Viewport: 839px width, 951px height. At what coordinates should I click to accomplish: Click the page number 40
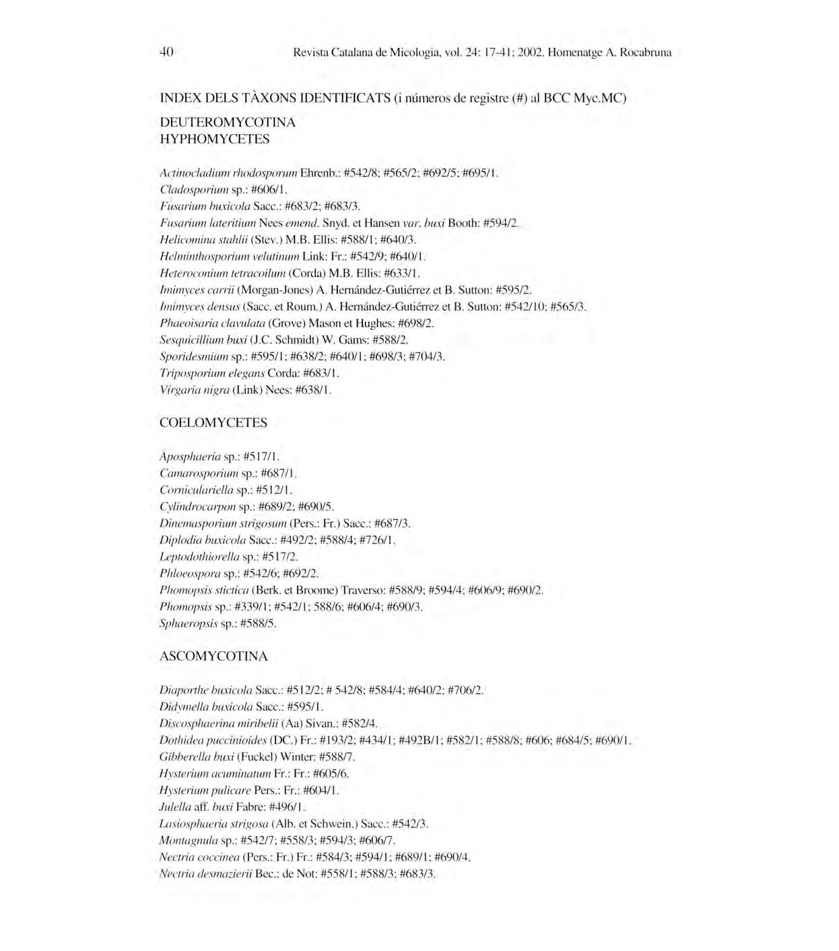click(x=167, y=52)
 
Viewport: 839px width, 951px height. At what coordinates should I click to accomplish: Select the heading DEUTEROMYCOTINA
click(x=227, y=123)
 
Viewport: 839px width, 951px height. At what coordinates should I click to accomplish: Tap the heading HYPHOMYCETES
click(x=214, y=139)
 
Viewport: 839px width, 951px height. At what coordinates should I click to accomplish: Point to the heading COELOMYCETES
click(x=213, y=423)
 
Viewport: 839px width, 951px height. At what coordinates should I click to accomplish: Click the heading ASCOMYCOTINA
click(x=213, y=657)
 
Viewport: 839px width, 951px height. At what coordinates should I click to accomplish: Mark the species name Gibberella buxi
click(x=196, y=757)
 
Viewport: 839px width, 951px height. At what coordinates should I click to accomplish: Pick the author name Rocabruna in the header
click(x=646, y=53)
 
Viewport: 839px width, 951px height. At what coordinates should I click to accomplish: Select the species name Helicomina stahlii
click(x=203, y=240)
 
